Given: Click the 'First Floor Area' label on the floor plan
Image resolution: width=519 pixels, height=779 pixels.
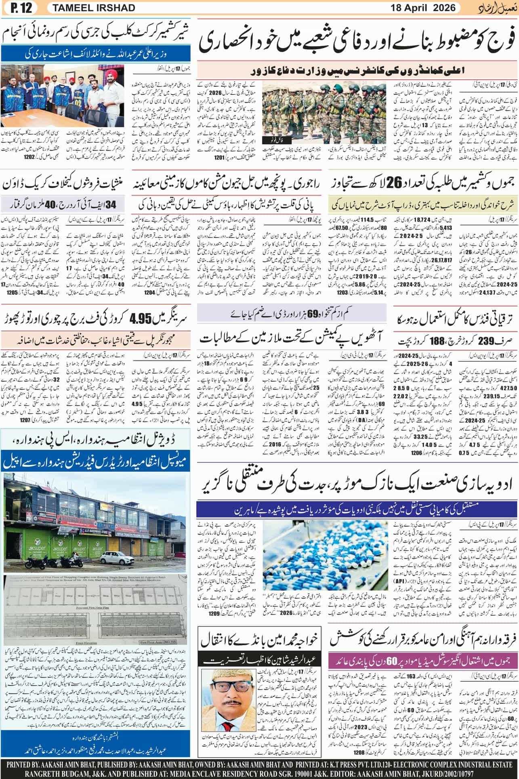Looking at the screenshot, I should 160,653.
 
